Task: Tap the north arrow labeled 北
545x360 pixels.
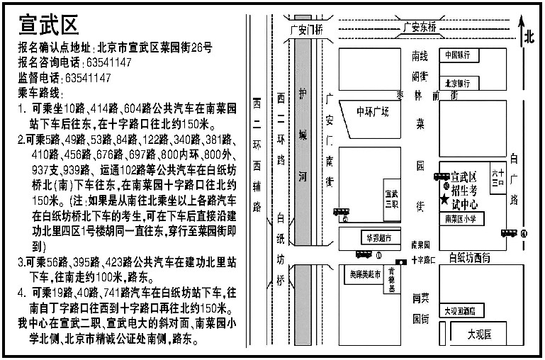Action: pos(527,39)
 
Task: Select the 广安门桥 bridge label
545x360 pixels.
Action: pos(307,30)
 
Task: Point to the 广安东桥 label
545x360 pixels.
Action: pos(420,28)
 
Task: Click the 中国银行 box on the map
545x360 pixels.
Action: pos(459,55)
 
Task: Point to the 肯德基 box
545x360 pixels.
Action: pos(391,282)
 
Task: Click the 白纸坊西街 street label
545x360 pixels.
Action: pos(469,259)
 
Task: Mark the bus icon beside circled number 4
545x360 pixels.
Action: pos(508,232)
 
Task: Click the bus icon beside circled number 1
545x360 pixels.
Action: pos(363,254)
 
